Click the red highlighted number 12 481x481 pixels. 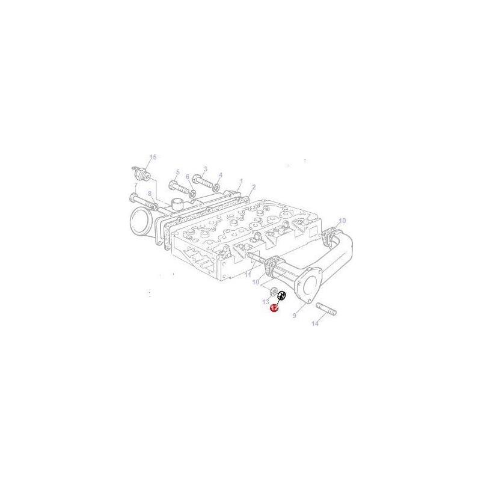[x=274, y=308]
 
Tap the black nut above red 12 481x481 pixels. [x=281, y=295]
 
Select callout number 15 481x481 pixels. [x=153, y=158]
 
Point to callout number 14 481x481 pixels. [x=314, y=324]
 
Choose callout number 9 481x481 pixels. [x=295, y=315]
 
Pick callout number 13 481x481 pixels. [x=266, y=301]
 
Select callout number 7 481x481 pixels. [x=135, y=185]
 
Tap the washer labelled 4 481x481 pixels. [x=218, y=183]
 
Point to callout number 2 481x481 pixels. [x=254, y=187]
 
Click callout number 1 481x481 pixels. [x=240, y=180]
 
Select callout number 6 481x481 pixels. [x=188, y=177]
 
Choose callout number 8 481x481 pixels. [x=150, y=194]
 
